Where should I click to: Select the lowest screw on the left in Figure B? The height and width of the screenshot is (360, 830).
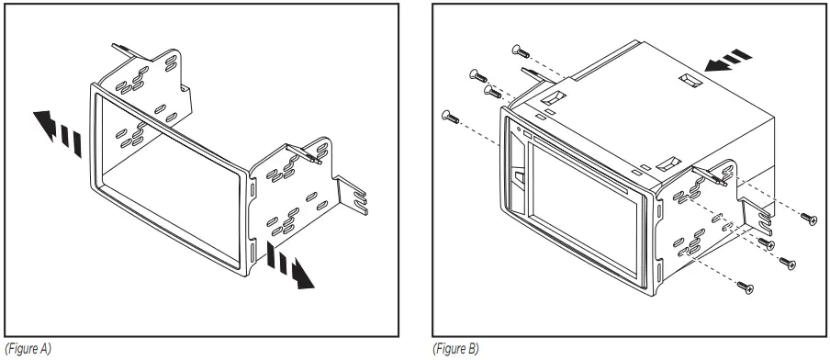[x=451, y=115]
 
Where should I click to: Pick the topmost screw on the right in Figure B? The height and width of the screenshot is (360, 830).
[x=811, y=218]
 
